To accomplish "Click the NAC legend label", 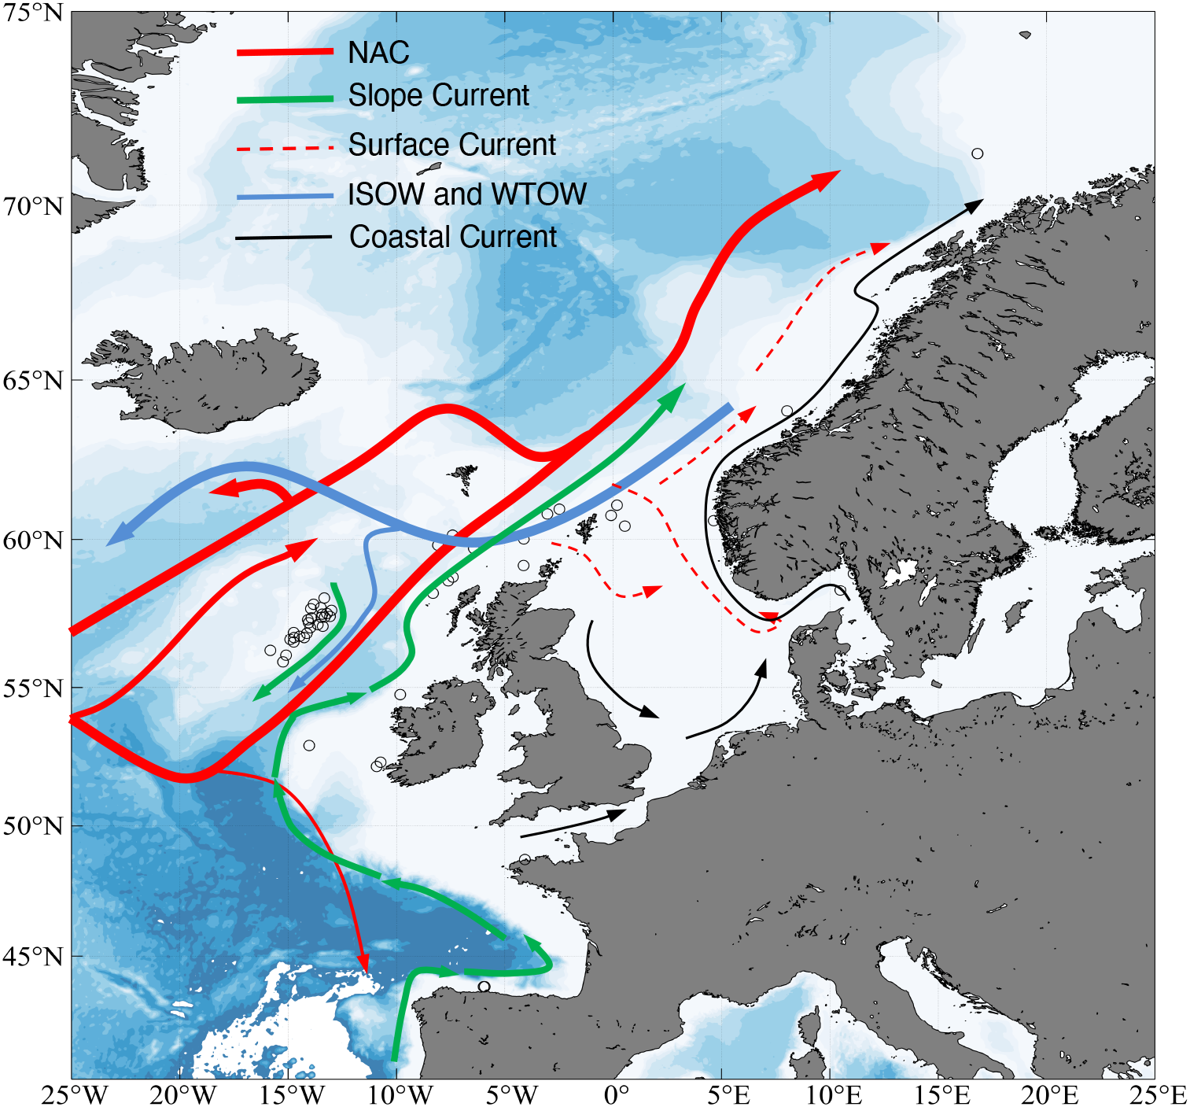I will click(378, 53).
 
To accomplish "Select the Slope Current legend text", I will click(438, 96).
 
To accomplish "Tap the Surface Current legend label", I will click(451, 146).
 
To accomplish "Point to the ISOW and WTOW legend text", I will click(467, 194).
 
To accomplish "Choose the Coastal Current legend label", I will click(452, 237).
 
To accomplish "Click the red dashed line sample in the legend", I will click(285, 147).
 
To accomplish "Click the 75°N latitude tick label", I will click(32, 13).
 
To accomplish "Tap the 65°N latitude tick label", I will click(32, 381).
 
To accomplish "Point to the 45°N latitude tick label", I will click(32, 957).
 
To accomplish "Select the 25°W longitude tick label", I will click(74, 1094).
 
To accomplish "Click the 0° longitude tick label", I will click(616, 1094).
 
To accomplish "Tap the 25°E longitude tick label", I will click(1158, 1094).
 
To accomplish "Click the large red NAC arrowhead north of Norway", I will click(825, 179).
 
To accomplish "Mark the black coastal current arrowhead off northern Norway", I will click(974, 205).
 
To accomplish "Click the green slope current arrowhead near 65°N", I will click(672, 397).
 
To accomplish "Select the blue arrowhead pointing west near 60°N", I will click(118, 536).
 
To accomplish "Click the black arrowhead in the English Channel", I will click(616, 814).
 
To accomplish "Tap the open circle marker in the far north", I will click(977, 153).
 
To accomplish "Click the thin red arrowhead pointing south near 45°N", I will click(363, 963).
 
